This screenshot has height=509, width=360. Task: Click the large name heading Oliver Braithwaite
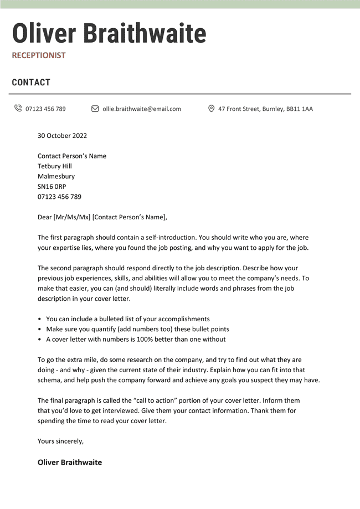click(109, 34)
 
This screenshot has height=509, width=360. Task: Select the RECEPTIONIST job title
click(39, 55)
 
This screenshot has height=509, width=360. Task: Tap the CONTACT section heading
click(31, 83)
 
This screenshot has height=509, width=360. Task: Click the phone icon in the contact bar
click(18, 109)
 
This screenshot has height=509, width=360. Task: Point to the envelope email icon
click(95, 109)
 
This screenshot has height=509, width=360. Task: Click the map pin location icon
click(211, 109)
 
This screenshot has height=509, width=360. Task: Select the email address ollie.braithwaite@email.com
click(142, 109)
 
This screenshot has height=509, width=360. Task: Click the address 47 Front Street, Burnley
click(265, 109)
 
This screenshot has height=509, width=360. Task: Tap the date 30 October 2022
click(62, 136)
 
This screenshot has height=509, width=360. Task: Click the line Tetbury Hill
click(55, 166)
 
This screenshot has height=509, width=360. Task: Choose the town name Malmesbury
click(56, 177)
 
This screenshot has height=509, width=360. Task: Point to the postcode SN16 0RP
click(52, 187)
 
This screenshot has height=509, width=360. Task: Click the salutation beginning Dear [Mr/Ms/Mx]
click(102, 217)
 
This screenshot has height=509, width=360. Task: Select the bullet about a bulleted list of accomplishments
click(127, 319)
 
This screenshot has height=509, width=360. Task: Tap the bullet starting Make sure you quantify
click(137, 329)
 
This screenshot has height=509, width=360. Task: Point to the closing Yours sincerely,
click(60, 441)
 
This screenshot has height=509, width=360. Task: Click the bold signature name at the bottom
click(70, 462)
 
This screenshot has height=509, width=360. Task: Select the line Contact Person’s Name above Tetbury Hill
click(72, 156)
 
